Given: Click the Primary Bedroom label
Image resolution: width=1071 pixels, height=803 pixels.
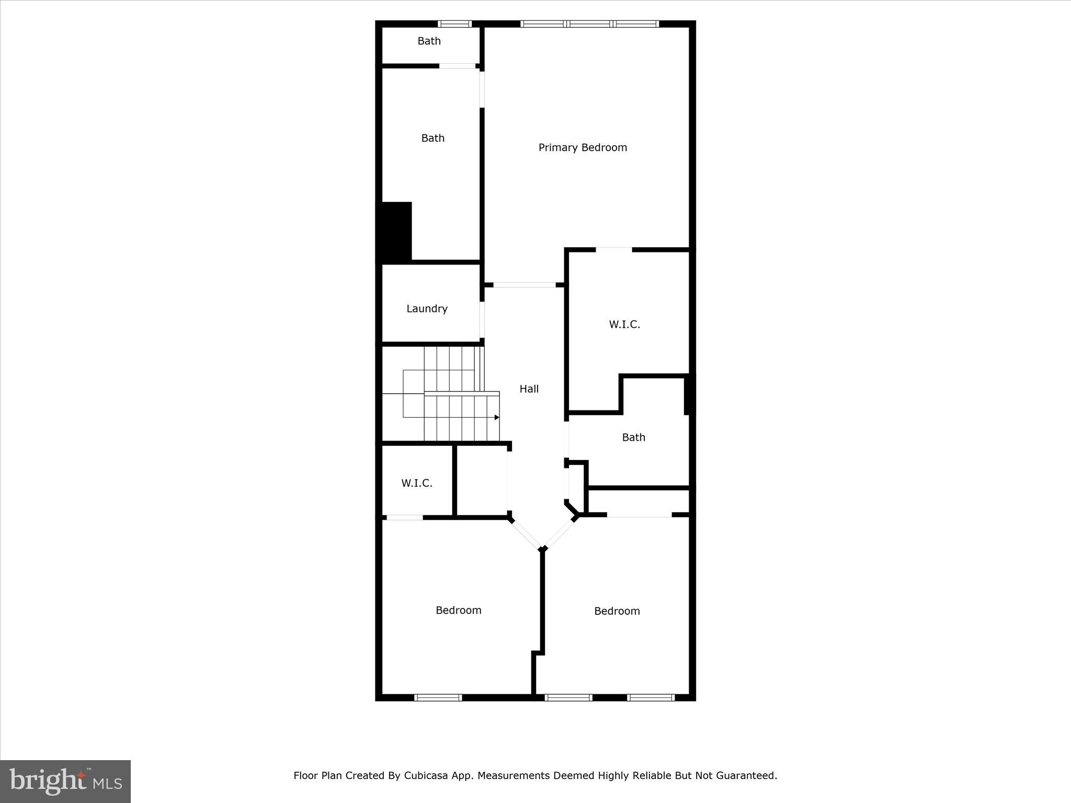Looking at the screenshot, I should [x=583, y=147].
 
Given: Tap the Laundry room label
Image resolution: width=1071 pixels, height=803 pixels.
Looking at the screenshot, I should [x=427, y=308].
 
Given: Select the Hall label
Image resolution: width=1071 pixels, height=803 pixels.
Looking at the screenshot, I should [x=529, y=389].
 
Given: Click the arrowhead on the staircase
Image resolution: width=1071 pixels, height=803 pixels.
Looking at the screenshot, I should [x=497, y=417].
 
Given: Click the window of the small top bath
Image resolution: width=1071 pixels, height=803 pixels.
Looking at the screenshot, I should [x=454, y=24].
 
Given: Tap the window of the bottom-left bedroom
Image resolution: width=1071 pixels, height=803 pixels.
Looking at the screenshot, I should [x=438, y=697].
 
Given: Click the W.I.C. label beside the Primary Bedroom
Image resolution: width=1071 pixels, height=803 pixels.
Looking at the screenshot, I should [x=624, y=325].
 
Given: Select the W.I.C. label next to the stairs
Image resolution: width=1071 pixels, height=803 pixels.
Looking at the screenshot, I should [x=417, y=483].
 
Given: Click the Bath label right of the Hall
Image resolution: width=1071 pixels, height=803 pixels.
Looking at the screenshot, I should [x=633, y=438].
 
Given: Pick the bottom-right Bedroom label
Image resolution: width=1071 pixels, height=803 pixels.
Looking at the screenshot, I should [x=617, y=611].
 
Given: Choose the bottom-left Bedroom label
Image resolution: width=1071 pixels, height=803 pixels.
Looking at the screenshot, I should [x=459, y=610].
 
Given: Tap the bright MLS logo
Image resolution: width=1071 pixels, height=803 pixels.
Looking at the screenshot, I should [x=65, y=781].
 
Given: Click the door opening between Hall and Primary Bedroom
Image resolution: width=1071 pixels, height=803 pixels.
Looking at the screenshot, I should [x=525, y=285].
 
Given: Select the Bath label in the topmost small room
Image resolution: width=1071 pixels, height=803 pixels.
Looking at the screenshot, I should [x=429, y=41].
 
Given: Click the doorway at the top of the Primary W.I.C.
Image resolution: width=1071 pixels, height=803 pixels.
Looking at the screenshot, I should [x=614, y=249].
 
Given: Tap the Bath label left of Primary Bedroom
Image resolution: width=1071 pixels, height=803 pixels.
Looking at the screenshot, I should [x=433, y=138].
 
